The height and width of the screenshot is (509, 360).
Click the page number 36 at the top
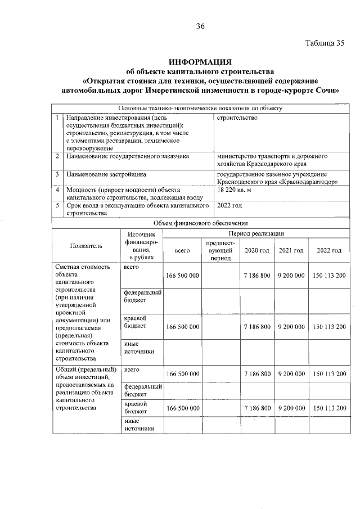pos(201,26)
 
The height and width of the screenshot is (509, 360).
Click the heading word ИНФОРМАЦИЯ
pos(200,61)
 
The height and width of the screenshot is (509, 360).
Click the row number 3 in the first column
pos(58,174)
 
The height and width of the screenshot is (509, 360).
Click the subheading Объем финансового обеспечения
pos(200,224)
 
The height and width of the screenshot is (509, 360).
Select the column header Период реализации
pos(256,233)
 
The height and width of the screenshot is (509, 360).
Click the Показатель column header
pos(86,246)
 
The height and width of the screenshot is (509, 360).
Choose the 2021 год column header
pos(291,250)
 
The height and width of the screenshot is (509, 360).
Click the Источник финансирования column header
pos(141,245)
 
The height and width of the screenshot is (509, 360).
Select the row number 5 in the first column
pos(58,205)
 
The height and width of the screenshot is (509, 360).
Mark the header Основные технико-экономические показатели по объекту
pos(200,109)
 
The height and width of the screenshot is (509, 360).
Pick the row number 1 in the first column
pos(58,118)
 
